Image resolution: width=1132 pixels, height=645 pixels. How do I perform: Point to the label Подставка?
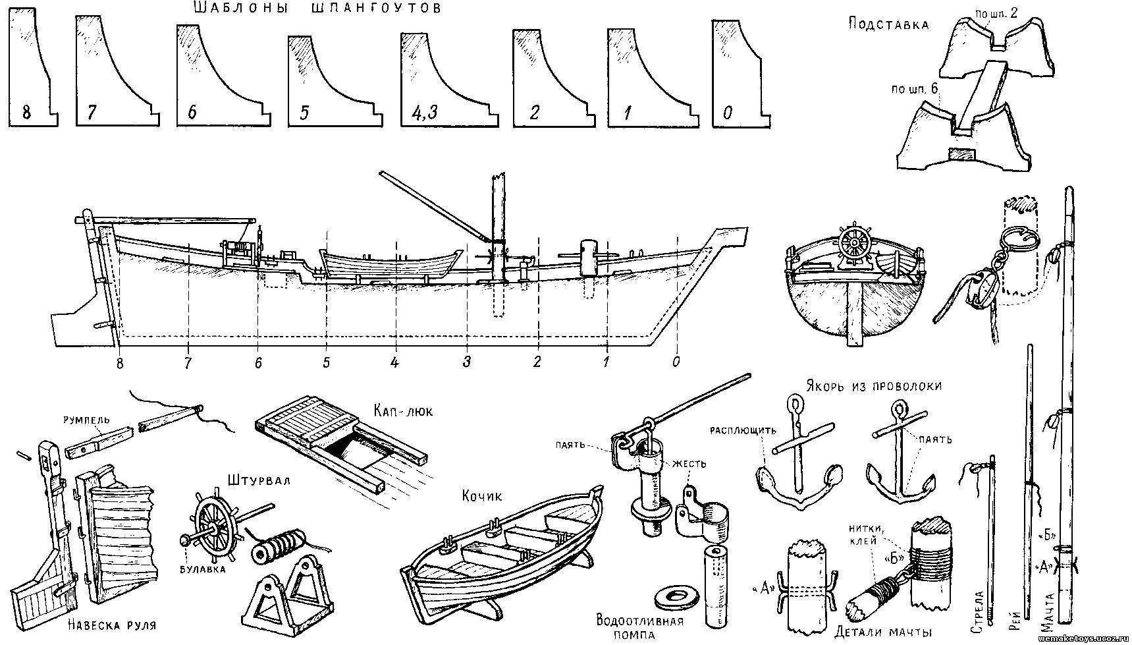(x=888, y=24)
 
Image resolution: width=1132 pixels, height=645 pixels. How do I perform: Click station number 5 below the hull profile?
(x=326, y=362)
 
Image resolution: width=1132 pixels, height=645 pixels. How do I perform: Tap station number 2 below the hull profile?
(x=537, y=362)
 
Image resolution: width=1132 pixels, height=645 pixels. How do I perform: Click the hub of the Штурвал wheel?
(x=214, y=528)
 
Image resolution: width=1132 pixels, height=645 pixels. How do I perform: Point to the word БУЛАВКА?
(x=202, y=569)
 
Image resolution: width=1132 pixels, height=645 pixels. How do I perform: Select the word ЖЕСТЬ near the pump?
(x=689, y=464)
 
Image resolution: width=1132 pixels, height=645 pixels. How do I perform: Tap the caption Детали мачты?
(x=882, y=632)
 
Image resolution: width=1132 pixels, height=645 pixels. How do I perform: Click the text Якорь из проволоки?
(x=873, y=385)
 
